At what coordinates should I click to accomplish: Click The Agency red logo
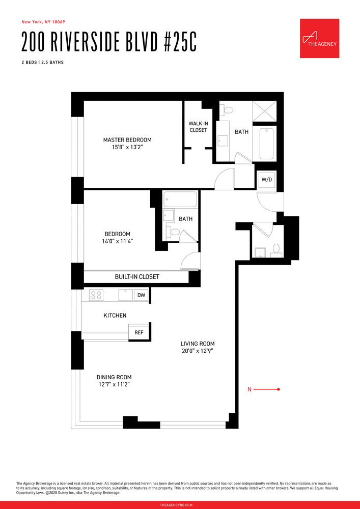click(x=319, y=38)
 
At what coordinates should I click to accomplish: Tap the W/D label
click(x=266, y=180)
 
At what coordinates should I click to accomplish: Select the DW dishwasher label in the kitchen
click(x=141, y=295)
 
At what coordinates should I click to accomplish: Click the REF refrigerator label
click(x=139, y=332)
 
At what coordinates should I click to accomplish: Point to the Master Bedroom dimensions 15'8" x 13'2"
click(x=127, y=148)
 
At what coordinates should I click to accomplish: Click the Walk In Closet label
click(x=198, y=127)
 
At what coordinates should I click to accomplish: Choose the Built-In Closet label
click(x=136, y=277)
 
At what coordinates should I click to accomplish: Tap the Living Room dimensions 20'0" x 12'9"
click(x=198, y=351)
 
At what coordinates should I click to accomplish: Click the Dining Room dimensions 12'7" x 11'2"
click(x=114, y=385)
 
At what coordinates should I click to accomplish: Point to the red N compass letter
click(x=250, y=389)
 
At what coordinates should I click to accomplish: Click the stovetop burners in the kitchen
click(x=96, y=295)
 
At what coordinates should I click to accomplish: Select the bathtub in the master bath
click(x=267, y=144)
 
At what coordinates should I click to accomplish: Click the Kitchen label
click(x=115, y=316)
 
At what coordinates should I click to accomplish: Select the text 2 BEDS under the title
click(x=29, y=63)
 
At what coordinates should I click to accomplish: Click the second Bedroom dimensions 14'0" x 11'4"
click(x=118, y=241)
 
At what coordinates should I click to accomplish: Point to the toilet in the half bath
click(x=276, y=248)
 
